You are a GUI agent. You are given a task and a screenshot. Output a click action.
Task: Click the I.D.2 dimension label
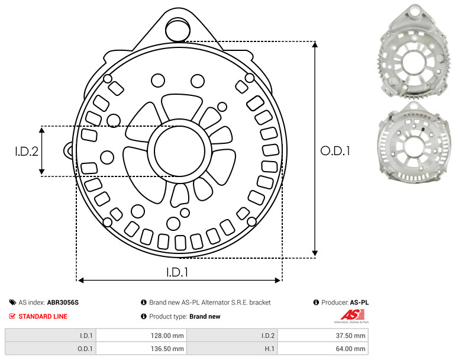[27, 151]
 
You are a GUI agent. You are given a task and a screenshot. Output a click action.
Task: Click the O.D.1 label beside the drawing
[335, 151]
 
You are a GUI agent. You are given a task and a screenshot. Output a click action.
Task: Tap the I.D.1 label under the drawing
[177, 272]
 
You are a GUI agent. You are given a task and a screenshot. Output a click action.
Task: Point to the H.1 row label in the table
[269, 349]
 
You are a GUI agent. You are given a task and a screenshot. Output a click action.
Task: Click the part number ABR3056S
[63, 303]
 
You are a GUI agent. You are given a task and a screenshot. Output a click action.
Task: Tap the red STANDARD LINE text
[43, 316]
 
